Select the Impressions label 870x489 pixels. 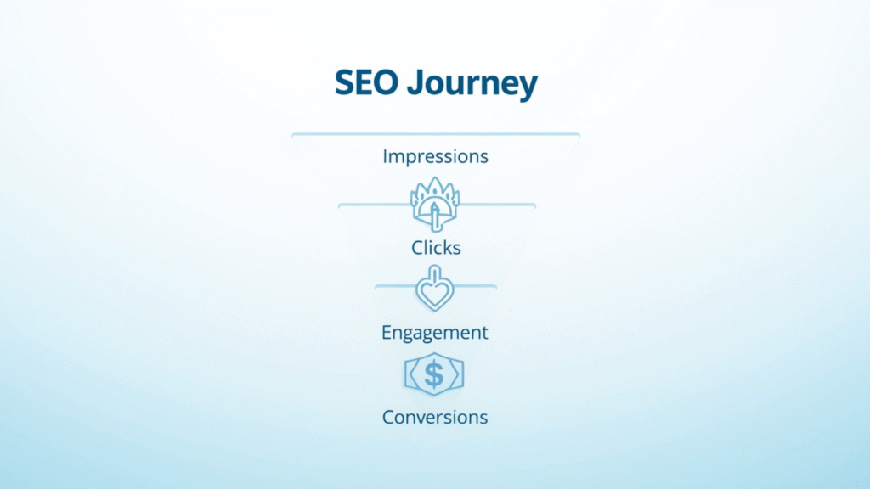click(x=435, y=157)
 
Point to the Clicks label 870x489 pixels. click(x=435, y=248)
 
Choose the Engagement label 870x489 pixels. click(x=435, y=333)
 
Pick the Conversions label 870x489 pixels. click(x=435, y=417)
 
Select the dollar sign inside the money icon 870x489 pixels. click(x=434, y=374)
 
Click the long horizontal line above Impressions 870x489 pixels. click(x=435, y=134)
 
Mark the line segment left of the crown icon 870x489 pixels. click(x=374, y=205)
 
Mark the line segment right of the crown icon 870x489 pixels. click(x=498, y=205)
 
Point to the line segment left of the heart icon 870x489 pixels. click(x=394, y=286)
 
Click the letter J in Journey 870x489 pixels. click(x=414, y=84)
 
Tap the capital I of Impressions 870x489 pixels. click(x=385, y=156)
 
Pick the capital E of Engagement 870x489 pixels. click(x=387, y=332)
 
